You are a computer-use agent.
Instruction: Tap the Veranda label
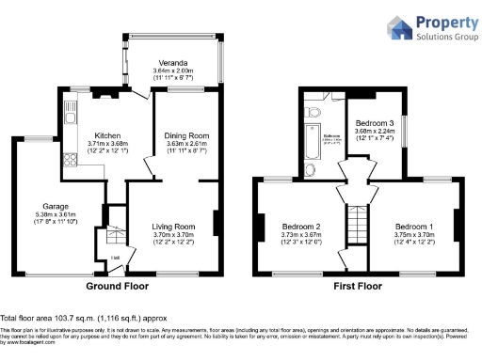click(172, 62)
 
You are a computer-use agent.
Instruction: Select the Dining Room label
click(185, 134)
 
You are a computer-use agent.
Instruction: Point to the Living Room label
click(173, 227)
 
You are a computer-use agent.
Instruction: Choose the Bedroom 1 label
click(413, 228)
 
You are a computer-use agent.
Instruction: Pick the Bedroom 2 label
click(302, 228)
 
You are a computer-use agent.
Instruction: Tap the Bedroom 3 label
click(375, 124)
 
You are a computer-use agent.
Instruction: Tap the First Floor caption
click(357, 285)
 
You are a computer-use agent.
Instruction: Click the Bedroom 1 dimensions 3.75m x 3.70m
click(413, 236)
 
